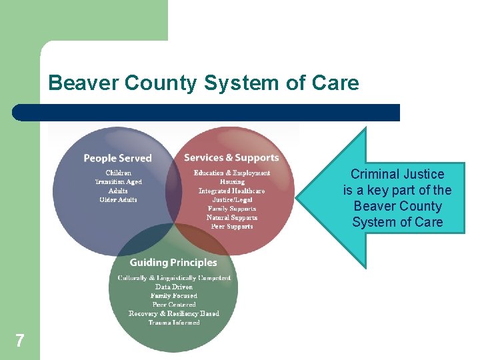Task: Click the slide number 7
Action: (x=20, y=341)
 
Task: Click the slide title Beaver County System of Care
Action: (x=203, y=83)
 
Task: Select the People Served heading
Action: (x=117, y=158)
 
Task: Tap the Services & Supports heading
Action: (x=231, y=158)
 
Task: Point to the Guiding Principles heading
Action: (x=173, y=263)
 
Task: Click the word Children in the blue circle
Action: (x=118, y=173)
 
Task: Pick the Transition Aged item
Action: (x=118, y=182)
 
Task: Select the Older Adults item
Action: (x=118, y=200)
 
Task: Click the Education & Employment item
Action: (x=232, y=173)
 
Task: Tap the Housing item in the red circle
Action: (x=232, y=182)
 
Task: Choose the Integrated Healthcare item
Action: (x=232, y=191)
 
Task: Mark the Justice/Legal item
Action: (x=232, y=199)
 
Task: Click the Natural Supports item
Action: (x=232, y=217)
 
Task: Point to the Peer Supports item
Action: (x=232, y=227)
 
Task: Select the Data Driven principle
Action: (x=174, y=287)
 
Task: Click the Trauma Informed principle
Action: (x=174, y=323)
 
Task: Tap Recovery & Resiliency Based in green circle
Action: (x=174, y=313)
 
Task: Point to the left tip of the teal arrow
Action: (x=298, y=199)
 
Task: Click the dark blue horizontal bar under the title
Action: (x=207, y=113)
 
